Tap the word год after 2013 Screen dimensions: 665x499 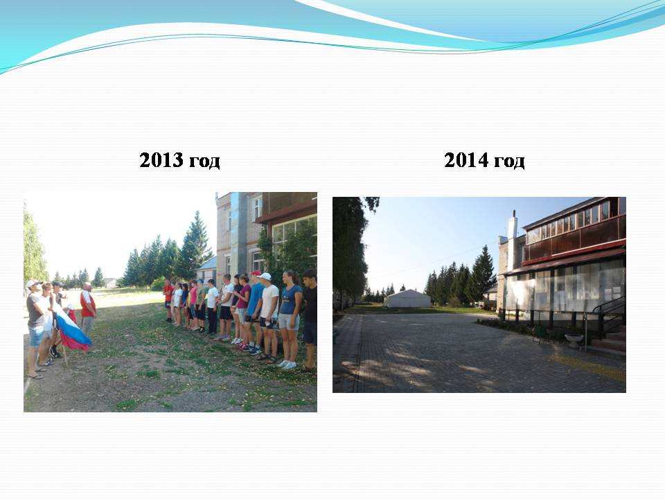pyautogui.click(x=204, y=161)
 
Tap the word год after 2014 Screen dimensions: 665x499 pyautogui.click(x=509, y=161)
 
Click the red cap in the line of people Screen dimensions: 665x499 pyautogui.click(x=256, y=273)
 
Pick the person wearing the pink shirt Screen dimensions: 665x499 pyautogui.click(x=193, y=305)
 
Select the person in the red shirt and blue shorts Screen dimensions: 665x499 pyautogui.click(x=168, y=300)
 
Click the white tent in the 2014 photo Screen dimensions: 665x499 pyautogui.click(x=407, y=299)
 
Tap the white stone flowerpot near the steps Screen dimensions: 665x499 pyautogui.click(x=574, y=340)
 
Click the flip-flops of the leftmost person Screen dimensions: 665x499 pyautogui.click(x=36, y=374)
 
